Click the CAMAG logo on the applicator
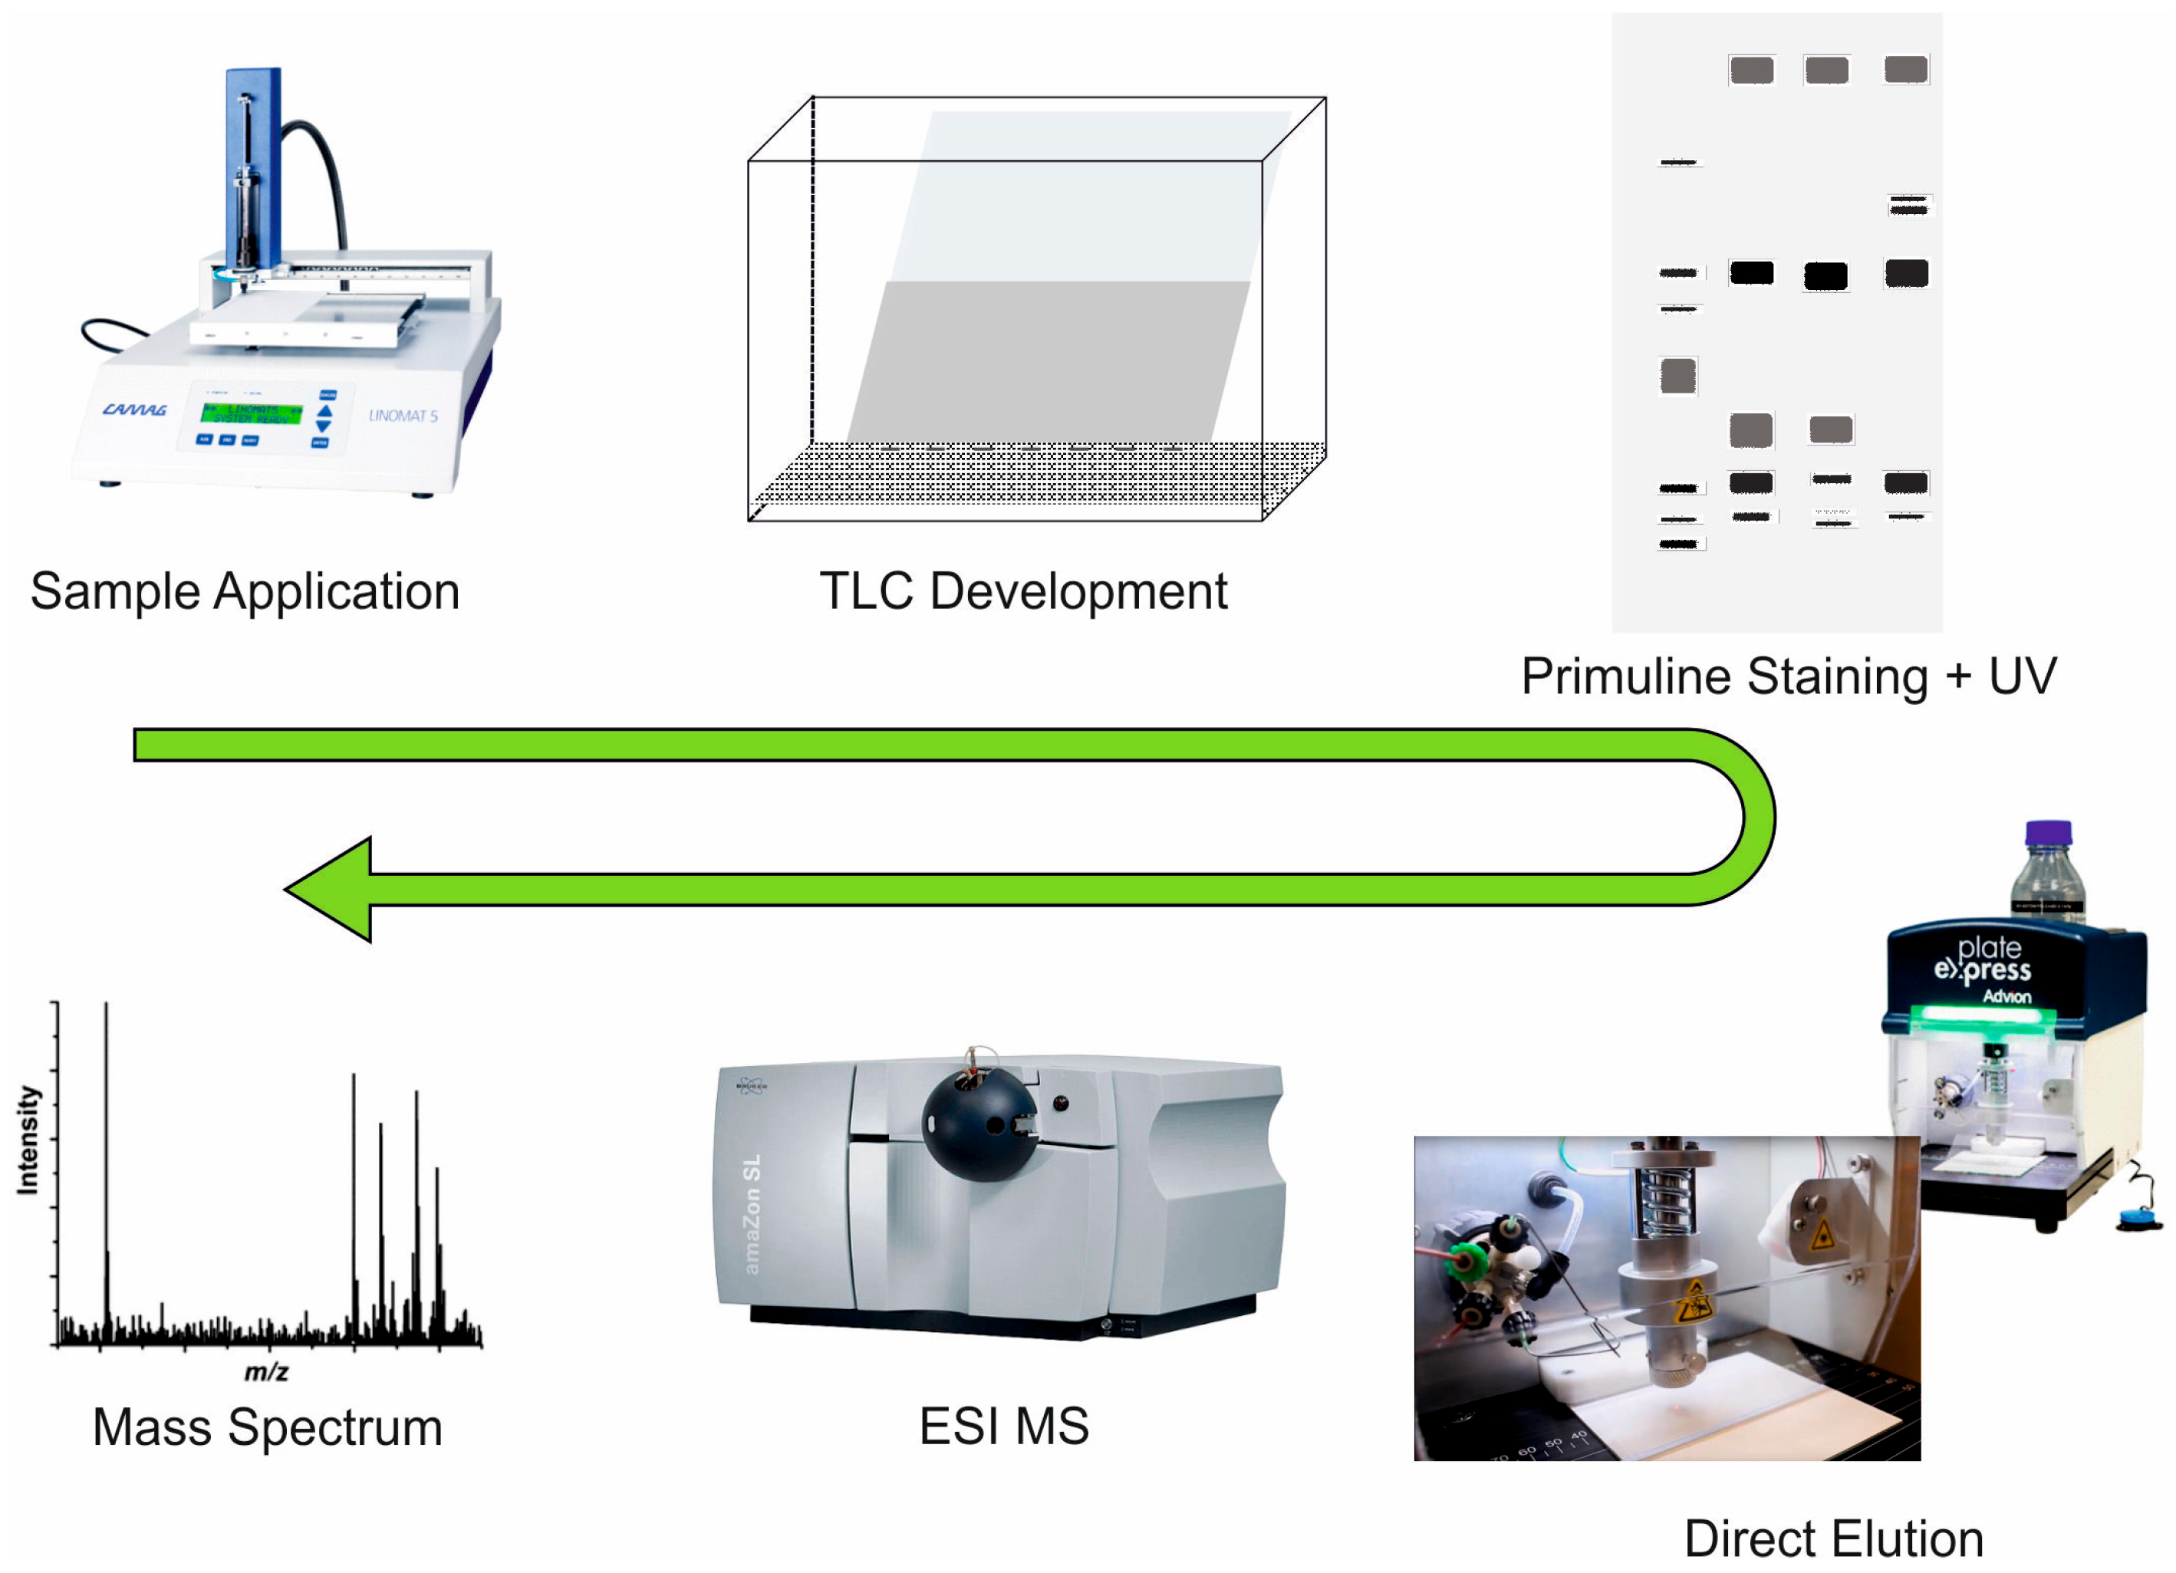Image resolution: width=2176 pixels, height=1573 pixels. tap(134, 410)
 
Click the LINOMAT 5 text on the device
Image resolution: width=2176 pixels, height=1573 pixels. tap(403, 416)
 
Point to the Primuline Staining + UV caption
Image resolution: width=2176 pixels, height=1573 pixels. tap(1789, 676)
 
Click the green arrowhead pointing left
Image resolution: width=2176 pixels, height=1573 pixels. tap(331, 889)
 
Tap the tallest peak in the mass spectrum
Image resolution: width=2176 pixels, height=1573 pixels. tap(107, 1151)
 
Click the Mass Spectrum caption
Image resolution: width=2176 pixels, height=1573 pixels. tap(268, 1427)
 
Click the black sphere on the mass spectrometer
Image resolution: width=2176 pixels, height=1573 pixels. tap(979, 1124)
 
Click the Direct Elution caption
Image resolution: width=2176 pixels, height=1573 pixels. tap(1833, 1539)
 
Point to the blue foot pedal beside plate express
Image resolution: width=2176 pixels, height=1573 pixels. tap(2141, 1219)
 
